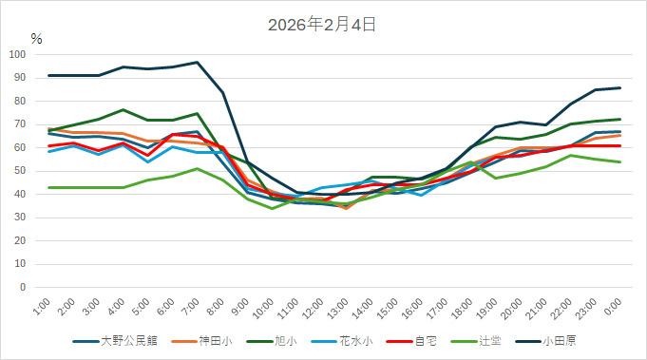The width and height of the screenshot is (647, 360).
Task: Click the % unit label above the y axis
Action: click(36, 39)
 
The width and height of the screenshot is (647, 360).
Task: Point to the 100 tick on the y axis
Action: click(18, 54)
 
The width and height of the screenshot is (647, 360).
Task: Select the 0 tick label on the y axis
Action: click(24, 287)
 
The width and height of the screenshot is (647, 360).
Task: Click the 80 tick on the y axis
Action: click(21, 101)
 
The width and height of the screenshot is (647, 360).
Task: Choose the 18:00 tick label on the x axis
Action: click(460, 310)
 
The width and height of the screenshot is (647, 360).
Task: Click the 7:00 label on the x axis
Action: click(188, 308)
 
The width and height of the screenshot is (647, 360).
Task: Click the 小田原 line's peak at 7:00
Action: click(197, 63)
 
